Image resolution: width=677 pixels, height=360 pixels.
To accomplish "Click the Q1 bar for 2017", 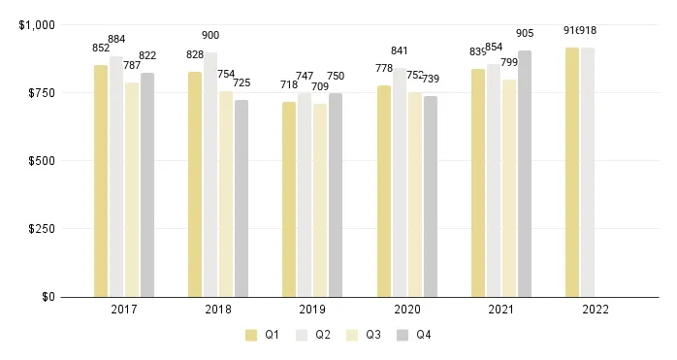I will pyautogui.click(x=101, y=180).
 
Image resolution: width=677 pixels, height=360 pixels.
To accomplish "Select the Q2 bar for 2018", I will pyautogui.click(x=210, y=175).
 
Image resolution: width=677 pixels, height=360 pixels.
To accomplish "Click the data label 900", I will pyautogui.click(x=210, y=36).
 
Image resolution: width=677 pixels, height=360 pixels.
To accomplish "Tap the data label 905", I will pyautogui.click(x=525, y=34).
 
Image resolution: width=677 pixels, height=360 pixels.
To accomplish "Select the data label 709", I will pyautogui.click(x=320, y=87).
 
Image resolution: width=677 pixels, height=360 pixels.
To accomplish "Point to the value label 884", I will pyautogui.click(x=116, y=40).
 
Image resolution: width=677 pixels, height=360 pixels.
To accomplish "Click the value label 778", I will pyautogui.click(x=384, y=68).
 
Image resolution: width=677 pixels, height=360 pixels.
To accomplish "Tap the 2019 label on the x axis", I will pyautogui.click(x=312, y=310).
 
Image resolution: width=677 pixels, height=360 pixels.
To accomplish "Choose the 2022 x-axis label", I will pyautogui.click(x=596, y=310).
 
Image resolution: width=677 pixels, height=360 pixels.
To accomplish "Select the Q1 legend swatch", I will pyautogui.click(x=251, y=335).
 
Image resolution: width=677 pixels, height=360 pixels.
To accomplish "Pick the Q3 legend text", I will pyautogui.click(x=373, y=335).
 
